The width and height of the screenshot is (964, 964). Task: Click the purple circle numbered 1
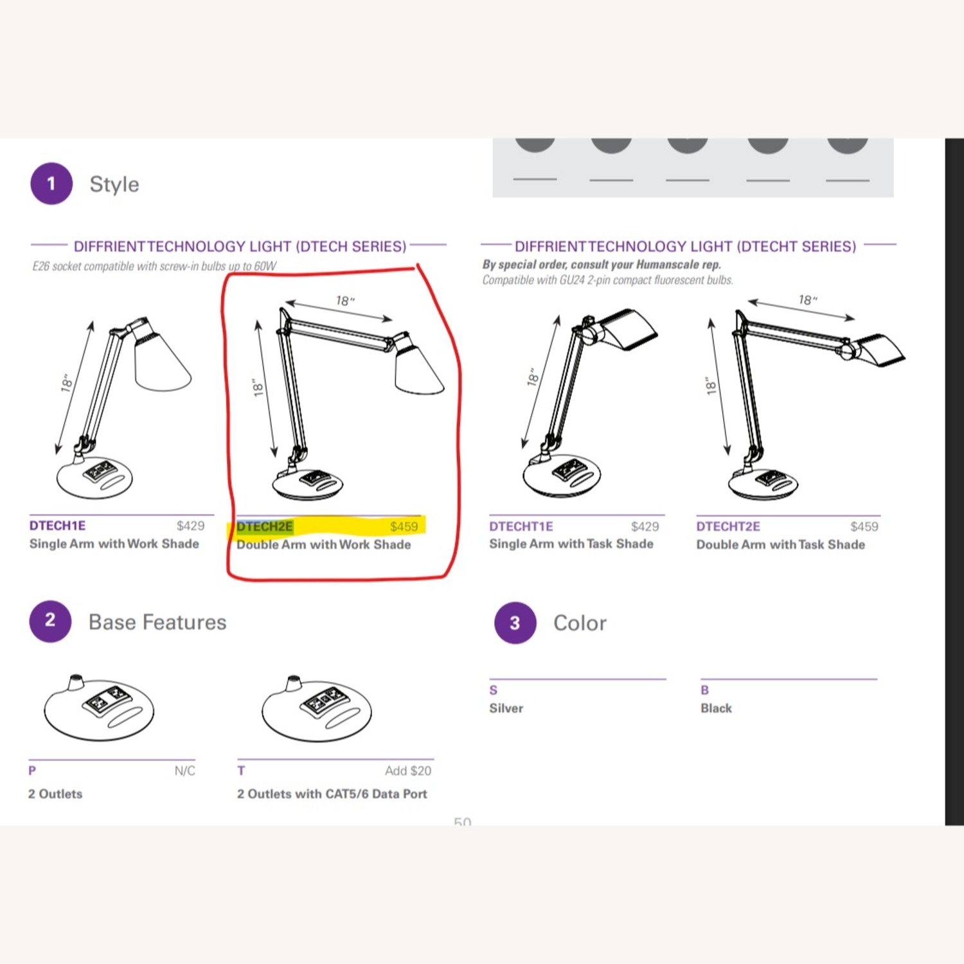[x=51, y=184]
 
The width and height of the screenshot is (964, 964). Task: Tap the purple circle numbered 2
[x=50, y=621]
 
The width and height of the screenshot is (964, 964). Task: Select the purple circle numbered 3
[x=515, y=623]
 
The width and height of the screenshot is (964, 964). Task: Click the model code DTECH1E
[x=57, y=526]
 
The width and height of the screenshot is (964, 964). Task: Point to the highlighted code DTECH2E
[x=265, y=527]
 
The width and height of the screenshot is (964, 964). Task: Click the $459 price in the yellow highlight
[x=404, y=527]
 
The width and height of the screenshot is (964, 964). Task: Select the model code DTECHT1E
[x=521, y=526]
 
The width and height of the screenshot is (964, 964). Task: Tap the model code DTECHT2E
[x=728, y=526]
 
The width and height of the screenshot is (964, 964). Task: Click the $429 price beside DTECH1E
[x=190, y=526]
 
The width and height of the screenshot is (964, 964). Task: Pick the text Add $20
[x=408, y=771]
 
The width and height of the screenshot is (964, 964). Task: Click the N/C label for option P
[x=184, y=771]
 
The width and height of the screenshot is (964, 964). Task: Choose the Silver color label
[x=506, y=708]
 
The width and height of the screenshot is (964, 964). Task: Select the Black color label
[x=716, y=708]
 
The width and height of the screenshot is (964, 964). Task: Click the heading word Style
[x=114, y=184]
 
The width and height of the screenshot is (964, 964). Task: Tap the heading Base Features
[x=157, y=622]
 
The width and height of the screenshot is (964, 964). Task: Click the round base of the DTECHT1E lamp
[x=562, y=476]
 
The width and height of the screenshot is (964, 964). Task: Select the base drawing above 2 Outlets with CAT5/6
[x=317, y=710]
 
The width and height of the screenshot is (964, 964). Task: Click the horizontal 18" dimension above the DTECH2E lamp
[x=345, y=301]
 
